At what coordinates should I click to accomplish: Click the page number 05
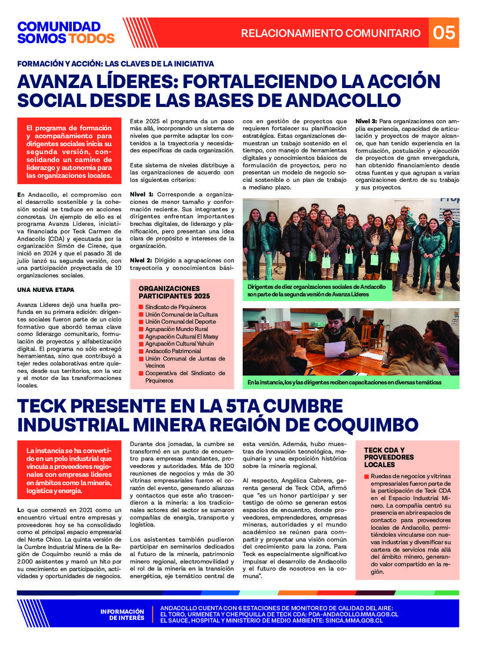[x=444, y=33]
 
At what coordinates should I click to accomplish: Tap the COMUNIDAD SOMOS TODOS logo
[x=66, y=33]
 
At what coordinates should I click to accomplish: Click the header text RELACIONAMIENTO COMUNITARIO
[x=331, y=33]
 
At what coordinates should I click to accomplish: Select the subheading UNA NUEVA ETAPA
[x=46, y=290]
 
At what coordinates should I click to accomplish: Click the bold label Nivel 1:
[x=141, y=194]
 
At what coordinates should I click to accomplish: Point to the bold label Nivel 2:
[x=141, y=260]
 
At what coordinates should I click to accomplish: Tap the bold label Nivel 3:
[x=366, y=121]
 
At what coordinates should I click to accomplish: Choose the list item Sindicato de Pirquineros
[x=175, y=307]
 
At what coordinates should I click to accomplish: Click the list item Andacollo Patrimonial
[x=173, y=351]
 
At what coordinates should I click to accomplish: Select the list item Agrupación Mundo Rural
[x=176, y=329]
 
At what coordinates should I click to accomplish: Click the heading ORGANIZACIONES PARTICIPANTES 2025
[x=174, y=292]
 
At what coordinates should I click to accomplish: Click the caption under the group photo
[x=316, y=290]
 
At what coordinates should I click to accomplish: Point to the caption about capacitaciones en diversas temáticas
[x=344, y=382]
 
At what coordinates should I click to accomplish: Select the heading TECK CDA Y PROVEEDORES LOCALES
[x=383, y=457]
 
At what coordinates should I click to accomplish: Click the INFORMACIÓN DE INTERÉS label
[x=122, y=614]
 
